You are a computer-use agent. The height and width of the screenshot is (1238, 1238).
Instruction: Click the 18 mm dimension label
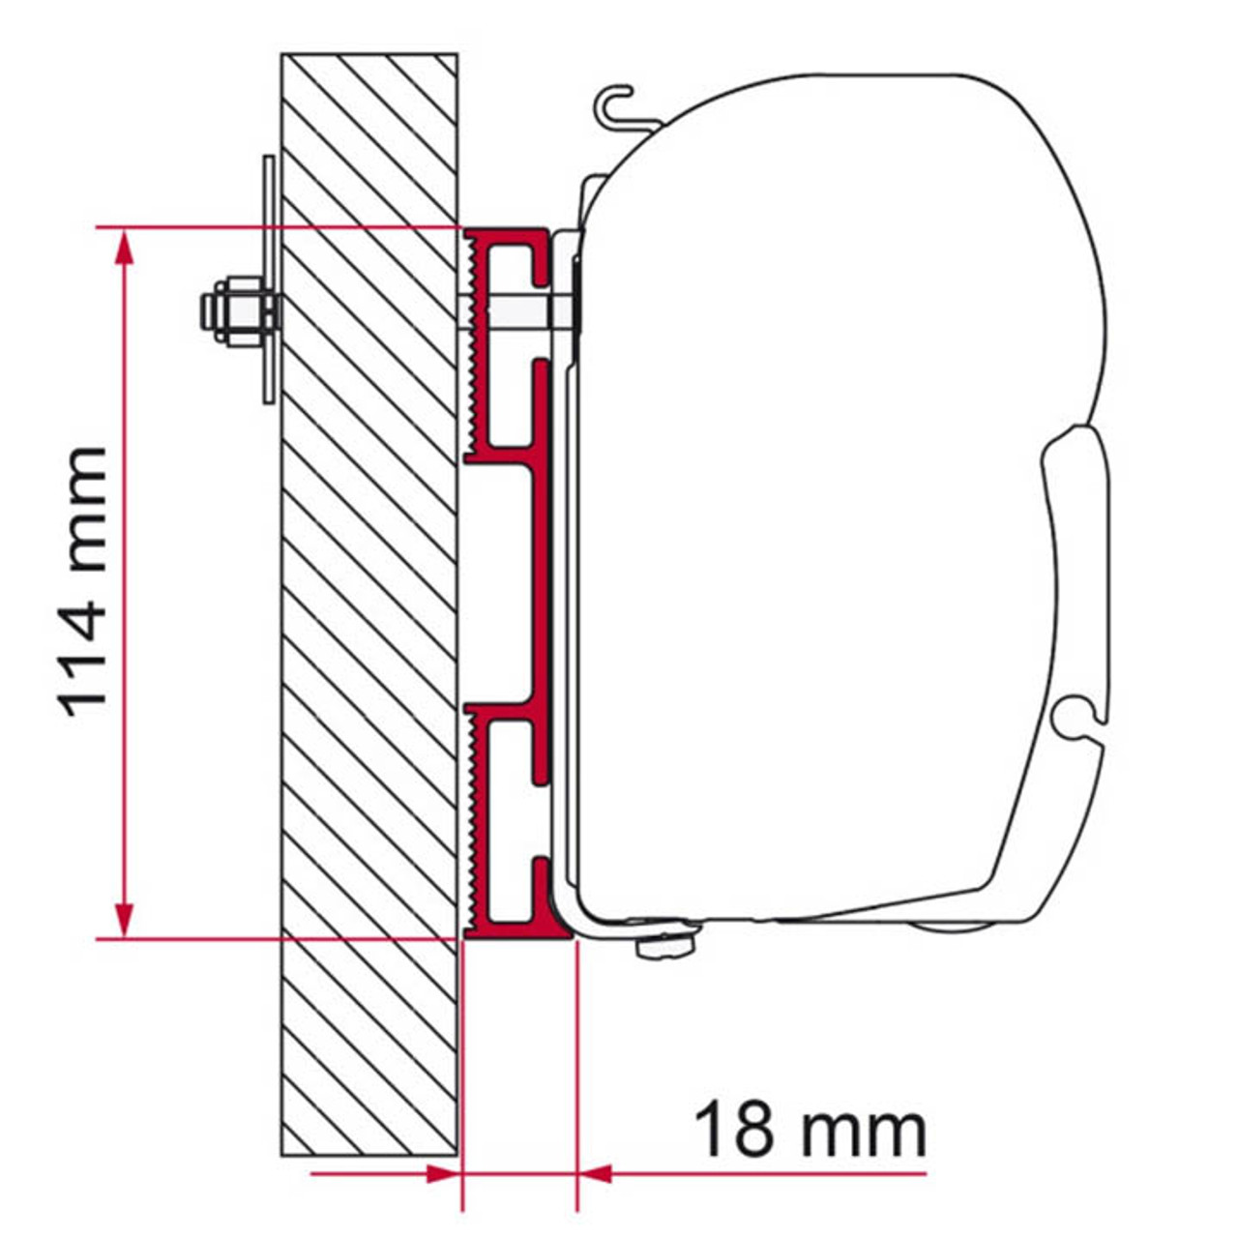click(811, 1130)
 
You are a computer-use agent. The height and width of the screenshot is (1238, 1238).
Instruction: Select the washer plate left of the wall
click(269, 280)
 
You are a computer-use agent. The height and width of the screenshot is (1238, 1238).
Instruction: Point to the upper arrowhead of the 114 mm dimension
click(123, 248)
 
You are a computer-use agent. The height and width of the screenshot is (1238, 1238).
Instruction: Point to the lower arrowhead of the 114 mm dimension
click(123, 919)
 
